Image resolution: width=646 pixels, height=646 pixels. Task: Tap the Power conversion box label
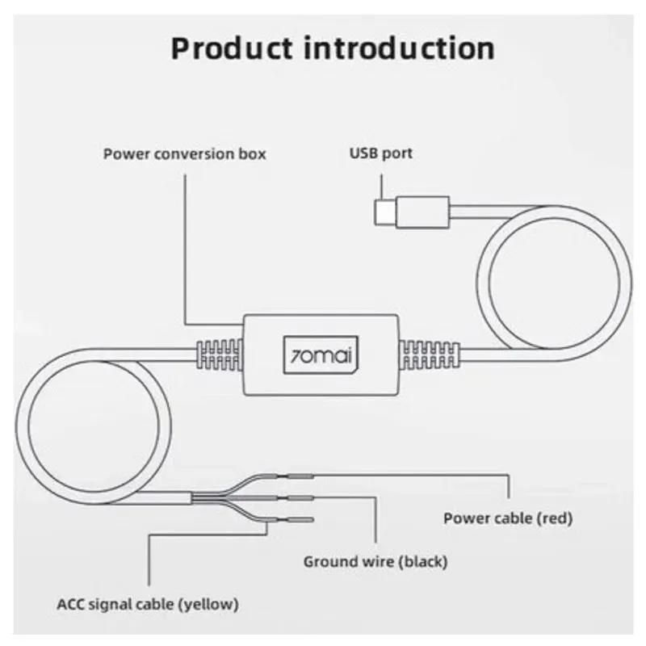point(184,153)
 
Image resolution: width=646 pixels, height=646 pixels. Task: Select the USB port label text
point(380,153)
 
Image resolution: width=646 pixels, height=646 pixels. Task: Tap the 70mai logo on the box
point(322,353)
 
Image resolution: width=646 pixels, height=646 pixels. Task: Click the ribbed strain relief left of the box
point(219,355)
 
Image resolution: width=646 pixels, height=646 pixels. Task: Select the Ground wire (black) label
point(375,560)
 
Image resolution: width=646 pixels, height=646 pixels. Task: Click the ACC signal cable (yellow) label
point(148,603)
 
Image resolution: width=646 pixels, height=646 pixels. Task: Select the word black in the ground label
point(425,560)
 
